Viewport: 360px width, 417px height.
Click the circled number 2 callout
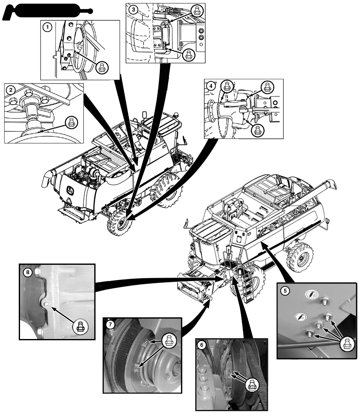click(11, 89)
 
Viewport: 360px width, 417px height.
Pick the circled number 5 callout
click(285, 291)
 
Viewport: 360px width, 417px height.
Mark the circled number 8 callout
click(28, 272)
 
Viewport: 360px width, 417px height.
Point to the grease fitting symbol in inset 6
click(251, 385)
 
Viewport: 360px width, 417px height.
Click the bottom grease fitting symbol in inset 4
click(257, 130)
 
